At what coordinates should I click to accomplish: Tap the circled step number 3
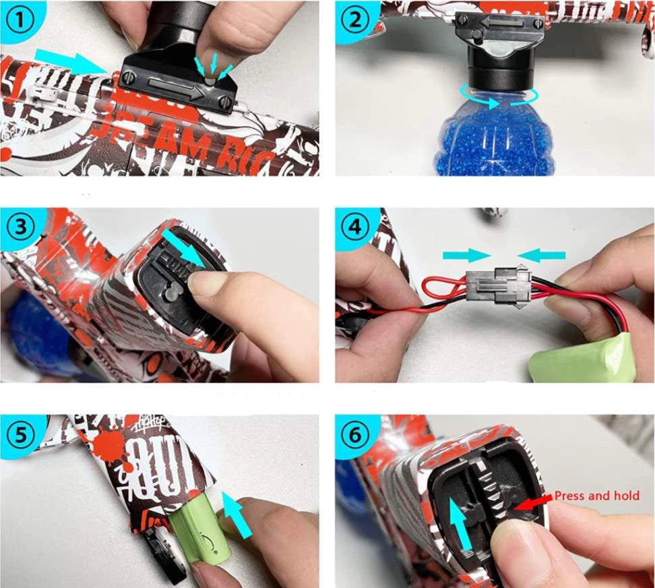pos(20,227)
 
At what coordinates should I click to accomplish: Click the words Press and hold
pos(596,496)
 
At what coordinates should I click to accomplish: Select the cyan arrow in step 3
pos(185,249)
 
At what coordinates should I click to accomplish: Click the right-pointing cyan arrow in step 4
pos(466,255)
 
